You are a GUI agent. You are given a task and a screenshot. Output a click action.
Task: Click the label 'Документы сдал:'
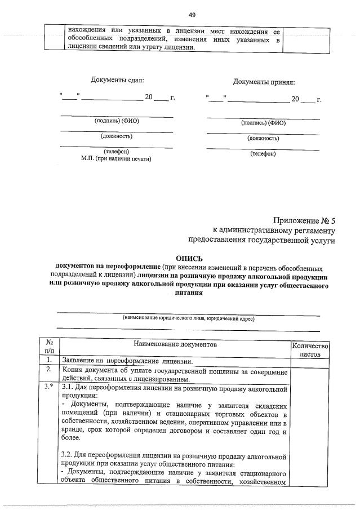[x=117, y=81]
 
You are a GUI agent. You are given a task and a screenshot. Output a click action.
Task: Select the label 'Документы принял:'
[x=264, y=82]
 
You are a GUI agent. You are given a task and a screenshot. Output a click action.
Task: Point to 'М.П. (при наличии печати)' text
[x=117, y=159]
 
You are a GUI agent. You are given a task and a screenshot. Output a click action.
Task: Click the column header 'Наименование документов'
[x=175, y=344]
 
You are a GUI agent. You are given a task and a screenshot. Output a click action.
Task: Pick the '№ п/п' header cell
[x=48, y=346]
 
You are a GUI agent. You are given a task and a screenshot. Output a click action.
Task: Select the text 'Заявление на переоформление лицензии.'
[x=128, y=361]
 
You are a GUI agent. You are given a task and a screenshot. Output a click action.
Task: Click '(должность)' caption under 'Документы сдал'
[x=117, y=136]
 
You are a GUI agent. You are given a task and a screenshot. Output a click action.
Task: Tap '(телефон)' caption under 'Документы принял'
[x=263, y=154]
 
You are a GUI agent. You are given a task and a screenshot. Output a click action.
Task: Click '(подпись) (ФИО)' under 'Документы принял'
[x=263, y=123]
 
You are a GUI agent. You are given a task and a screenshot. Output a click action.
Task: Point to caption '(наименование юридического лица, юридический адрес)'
[x=188, y=318]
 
